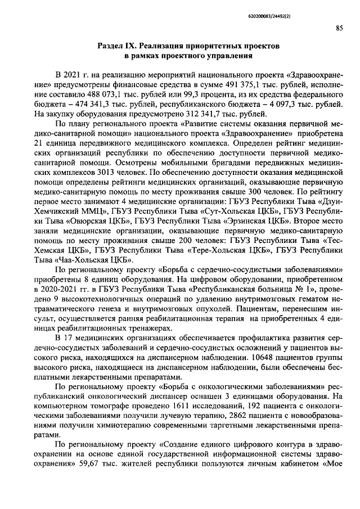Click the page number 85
click(340, 28)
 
